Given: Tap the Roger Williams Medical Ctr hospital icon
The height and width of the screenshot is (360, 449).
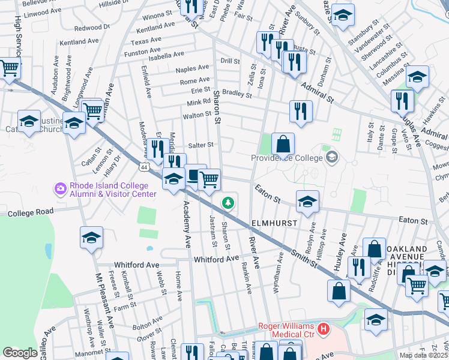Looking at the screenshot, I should (x=324, y=329).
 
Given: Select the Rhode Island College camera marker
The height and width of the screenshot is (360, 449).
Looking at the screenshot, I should (x=60, y=189).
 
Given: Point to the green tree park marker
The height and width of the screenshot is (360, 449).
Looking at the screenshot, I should (x=228, y=203).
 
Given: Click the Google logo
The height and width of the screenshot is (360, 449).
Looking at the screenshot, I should (x=20, y=353).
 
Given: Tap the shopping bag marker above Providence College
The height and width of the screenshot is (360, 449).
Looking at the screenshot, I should (x=283, y=145).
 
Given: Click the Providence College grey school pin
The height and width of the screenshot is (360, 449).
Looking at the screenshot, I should (x=331, y=158).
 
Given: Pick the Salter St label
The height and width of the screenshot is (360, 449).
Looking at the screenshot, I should (x=201, y=145).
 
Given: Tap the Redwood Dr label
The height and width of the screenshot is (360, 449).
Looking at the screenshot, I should (x=88, y=28).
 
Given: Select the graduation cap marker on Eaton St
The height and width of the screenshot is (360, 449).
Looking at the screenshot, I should (x=307, y=202).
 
